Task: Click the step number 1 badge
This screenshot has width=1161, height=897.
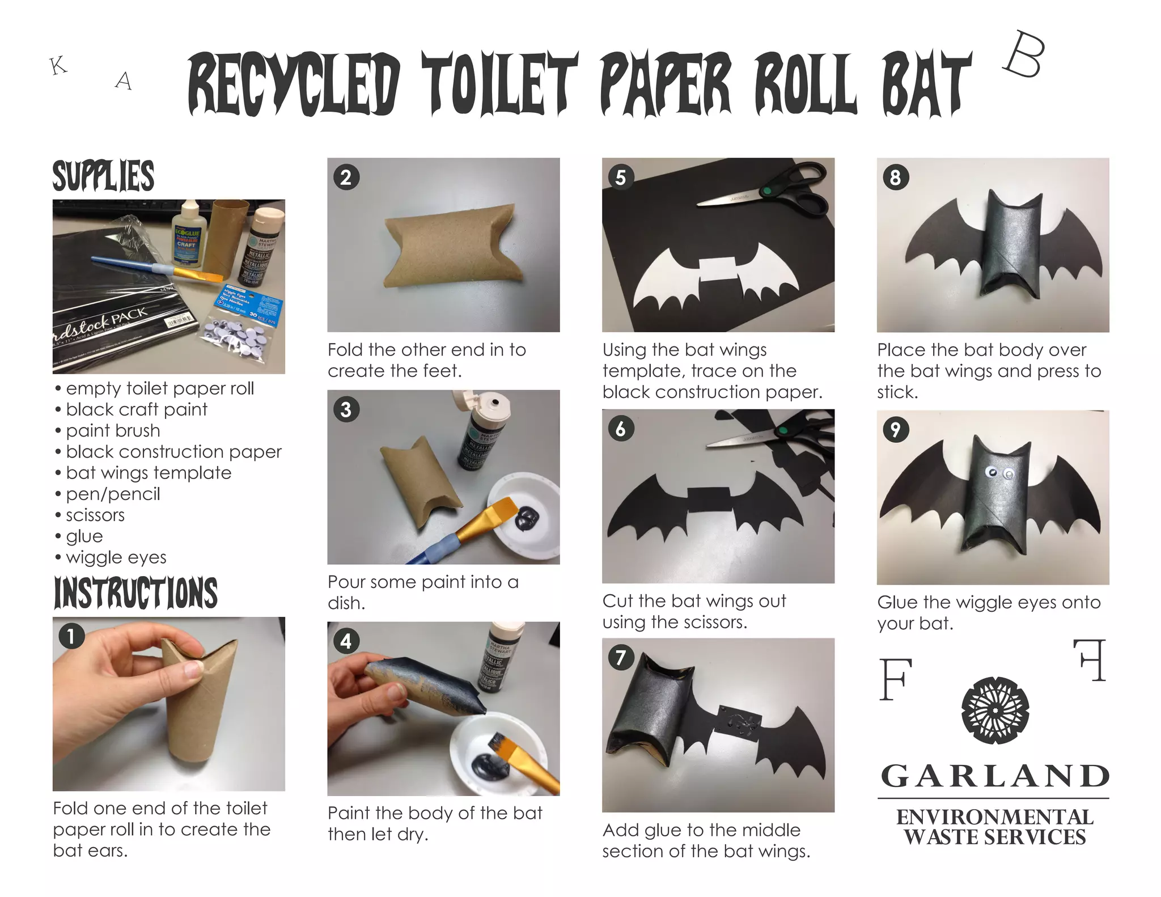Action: point(71,636)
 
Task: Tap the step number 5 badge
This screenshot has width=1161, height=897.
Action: point(621,177)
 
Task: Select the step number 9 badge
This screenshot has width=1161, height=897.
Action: point(896,429)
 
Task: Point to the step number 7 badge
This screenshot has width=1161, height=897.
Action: point(621,657)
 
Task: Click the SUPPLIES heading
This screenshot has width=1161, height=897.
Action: point(103,175)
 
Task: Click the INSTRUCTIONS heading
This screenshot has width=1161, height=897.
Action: point(135,593)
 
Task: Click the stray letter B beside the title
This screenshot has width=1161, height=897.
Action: point(1024,55)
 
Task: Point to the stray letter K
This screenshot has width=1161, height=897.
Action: point(58,66)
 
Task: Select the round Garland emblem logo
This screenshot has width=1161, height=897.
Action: point(995,709)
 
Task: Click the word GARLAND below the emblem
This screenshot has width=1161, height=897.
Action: point(995,776)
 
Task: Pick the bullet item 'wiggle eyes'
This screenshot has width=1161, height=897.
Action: point(116,557)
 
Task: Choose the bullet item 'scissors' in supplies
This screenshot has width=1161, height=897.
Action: point(95,515)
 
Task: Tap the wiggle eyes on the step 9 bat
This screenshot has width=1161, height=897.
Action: point(1000,472)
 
